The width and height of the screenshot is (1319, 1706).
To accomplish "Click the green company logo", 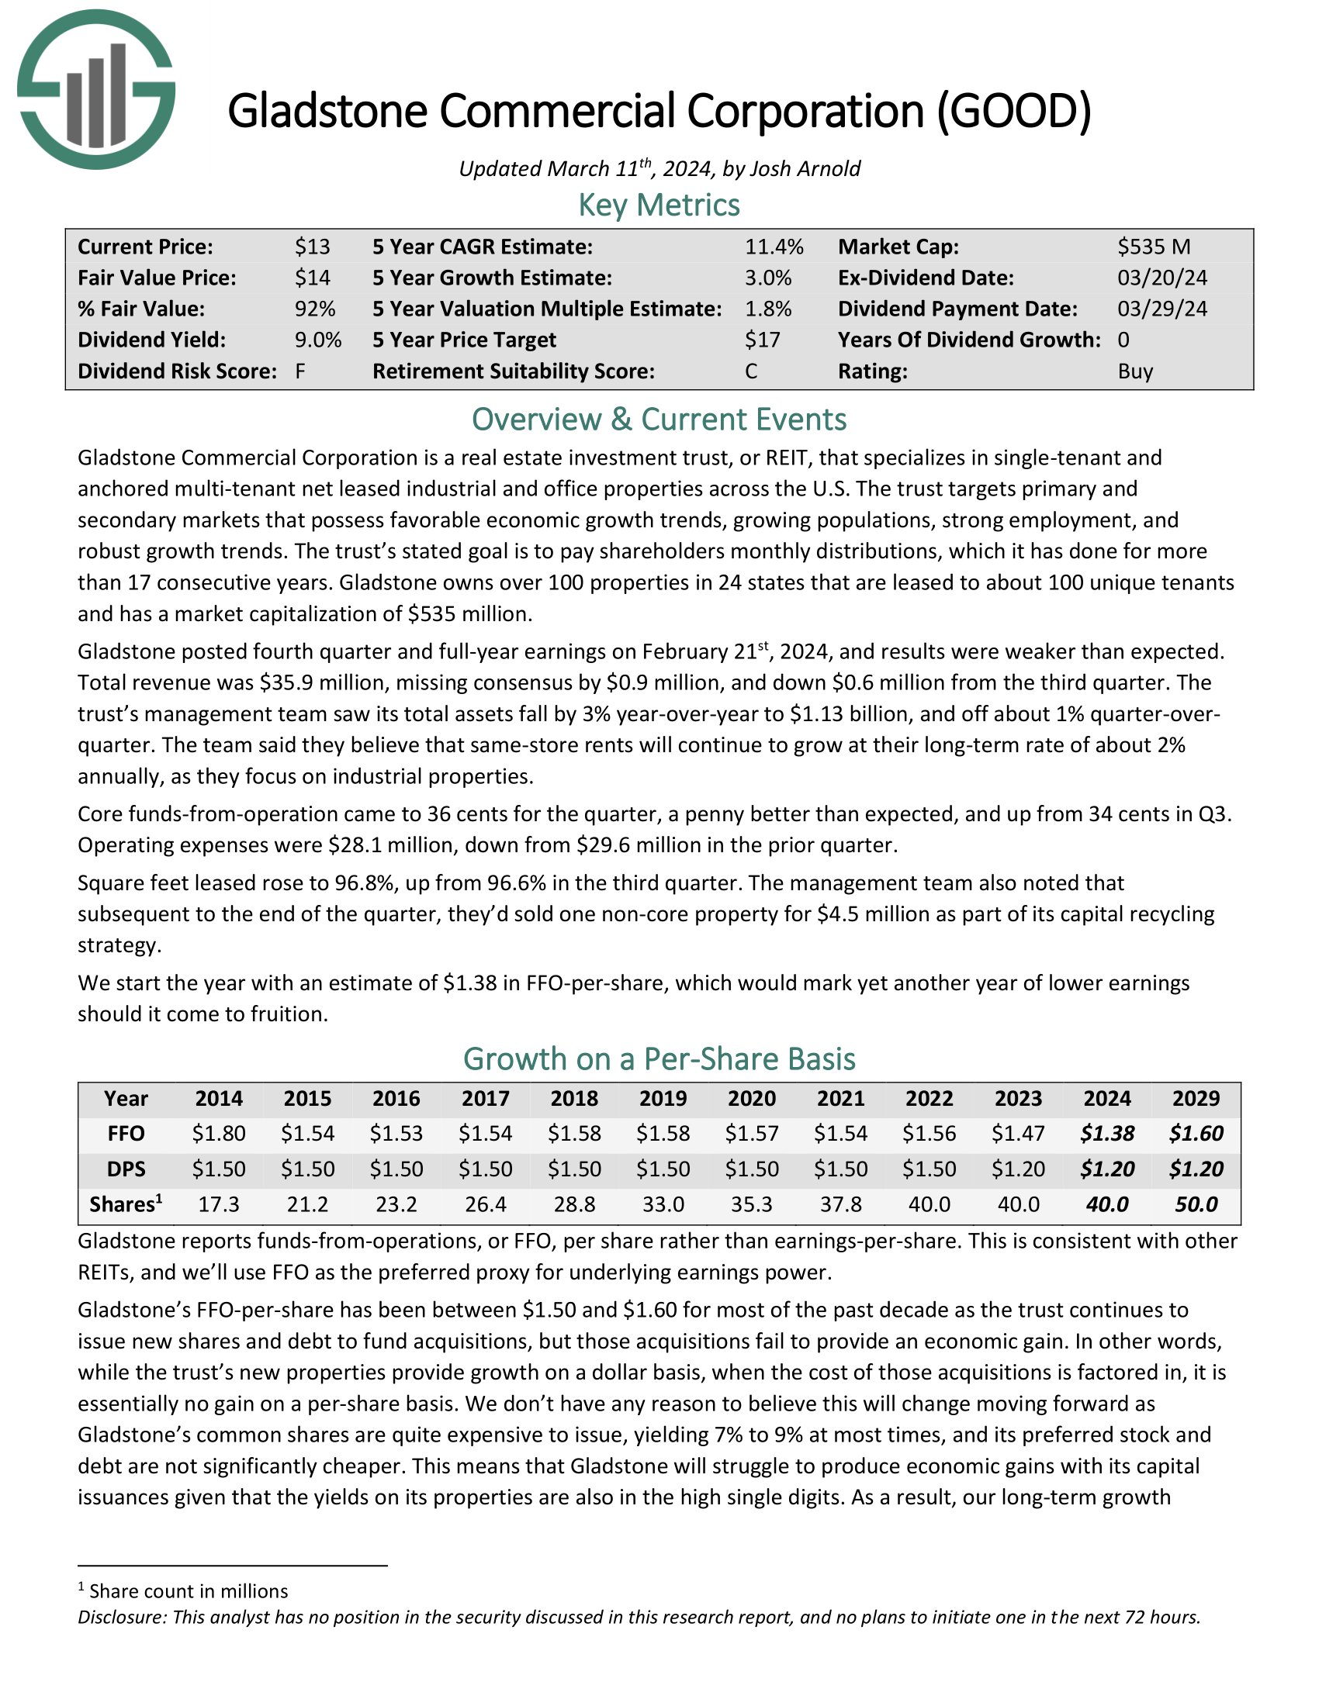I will [x=96, y=89].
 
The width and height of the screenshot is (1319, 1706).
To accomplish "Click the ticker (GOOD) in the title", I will [x=1013, y=111].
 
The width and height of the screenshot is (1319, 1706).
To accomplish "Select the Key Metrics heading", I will [x=659, y=205].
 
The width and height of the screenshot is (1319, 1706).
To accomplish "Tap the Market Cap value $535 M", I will [x=1153, y=247].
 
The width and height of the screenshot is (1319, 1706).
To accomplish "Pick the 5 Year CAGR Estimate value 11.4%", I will [x=774, y=247].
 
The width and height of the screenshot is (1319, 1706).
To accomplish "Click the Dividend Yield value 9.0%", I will [x=318, y=340].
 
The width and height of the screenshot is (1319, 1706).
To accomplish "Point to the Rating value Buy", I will [x=1135, y=371].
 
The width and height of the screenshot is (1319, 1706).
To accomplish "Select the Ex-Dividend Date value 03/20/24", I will [x=1162, y=278].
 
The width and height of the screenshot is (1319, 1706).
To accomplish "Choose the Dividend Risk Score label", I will [x=178, y=371].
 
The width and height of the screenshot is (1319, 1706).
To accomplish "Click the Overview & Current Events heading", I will [x=659, y=420].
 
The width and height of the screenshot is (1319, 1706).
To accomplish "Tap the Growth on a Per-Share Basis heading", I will [x=659, y=1059].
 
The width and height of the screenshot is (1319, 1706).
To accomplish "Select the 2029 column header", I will [x=1196, y=1098].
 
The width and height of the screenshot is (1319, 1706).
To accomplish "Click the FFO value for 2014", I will [x=219, y=1134].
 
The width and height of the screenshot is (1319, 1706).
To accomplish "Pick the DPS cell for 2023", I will [x=1018, y=1169].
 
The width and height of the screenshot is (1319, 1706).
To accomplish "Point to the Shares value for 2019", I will [x=663, y=1204].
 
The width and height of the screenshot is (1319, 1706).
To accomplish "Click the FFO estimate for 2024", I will [x=1107, y=1134].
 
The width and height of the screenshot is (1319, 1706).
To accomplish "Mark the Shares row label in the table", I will [x=125, y=1204].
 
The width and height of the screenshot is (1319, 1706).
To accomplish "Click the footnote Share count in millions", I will [x=189, y=1591].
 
